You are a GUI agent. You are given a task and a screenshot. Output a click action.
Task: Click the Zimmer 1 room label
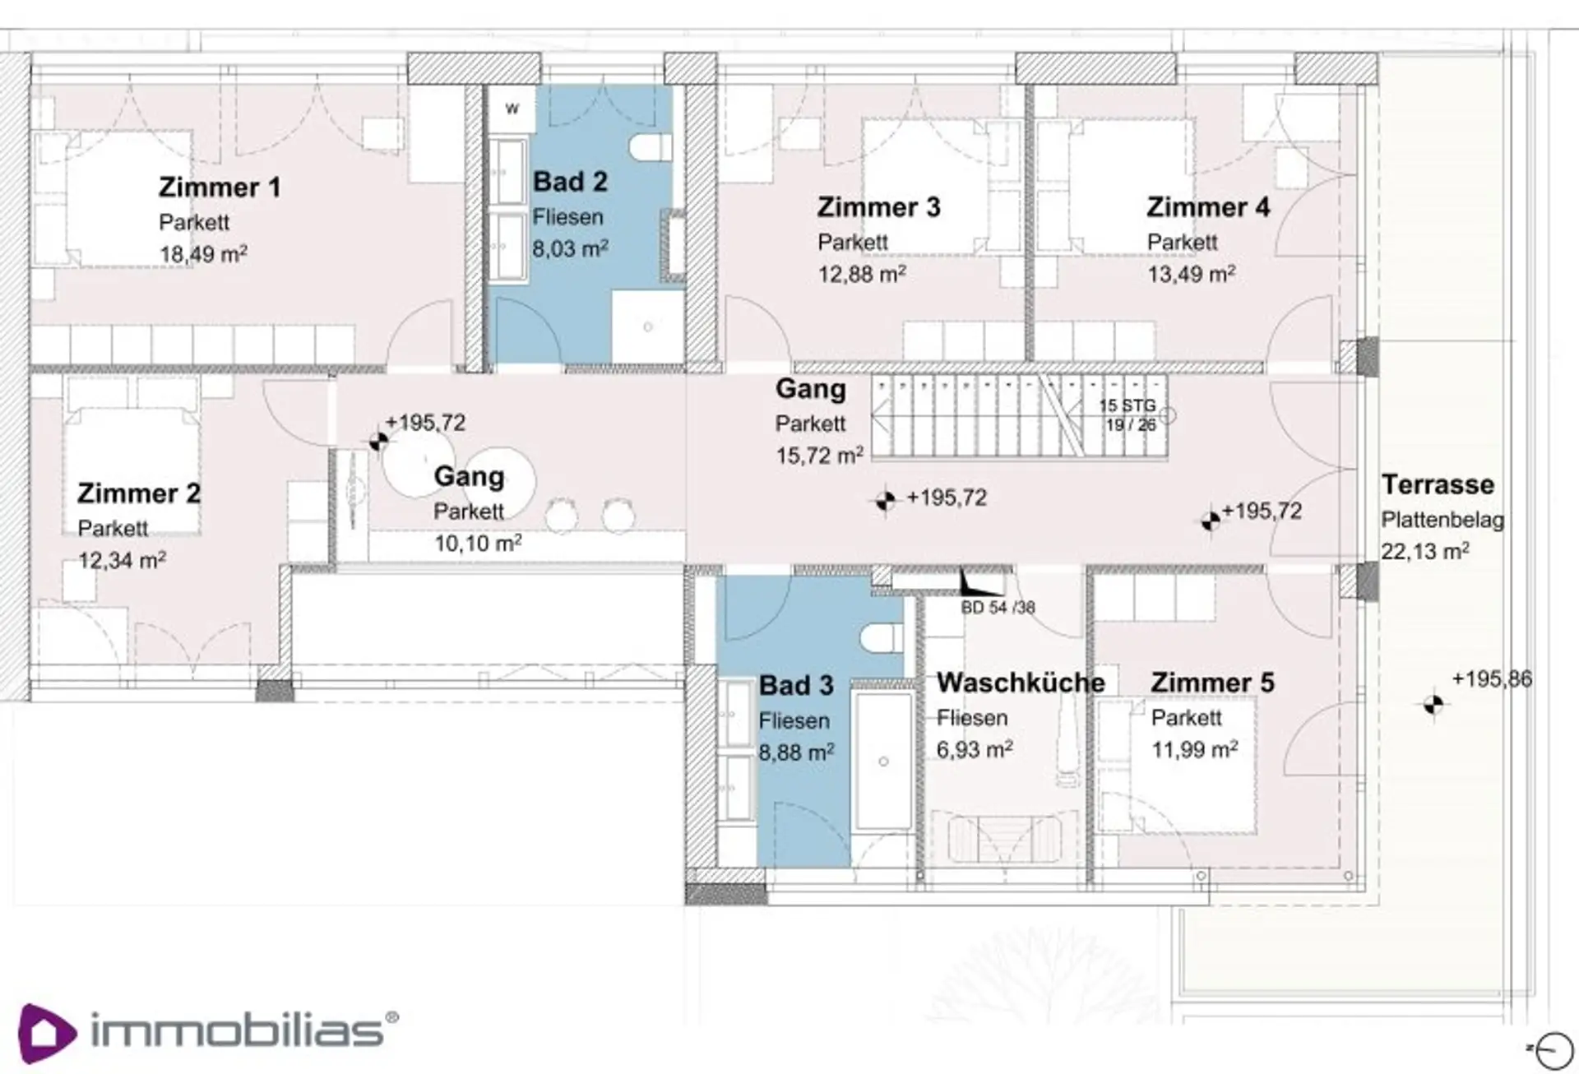(x=220, y=187)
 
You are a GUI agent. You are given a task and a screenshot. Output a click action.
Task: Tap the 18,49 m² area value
(x=203, y=253)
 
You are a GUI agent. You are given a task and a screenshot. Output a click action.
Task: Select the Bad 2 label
(x=570, y=182)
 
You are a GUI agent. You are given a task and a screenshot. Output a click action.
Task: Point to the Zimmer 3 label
(x=878, y=207)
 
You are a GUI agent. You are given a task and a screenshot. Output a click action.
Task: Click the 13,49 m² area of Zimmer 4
(x=1191, y=273)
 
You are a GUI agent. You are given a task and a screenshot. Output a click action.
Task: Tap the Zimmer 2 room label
(x=139, y=493)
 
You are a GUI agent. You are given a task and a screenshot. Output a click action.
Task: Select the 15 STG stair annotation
(x=1128, y=405)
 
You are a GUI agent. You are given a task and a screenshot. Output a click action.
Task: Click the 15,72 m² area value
(x=819, y=455)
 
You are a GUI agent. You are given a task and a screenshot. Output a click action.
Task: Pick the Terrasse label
(x=1438, y=484)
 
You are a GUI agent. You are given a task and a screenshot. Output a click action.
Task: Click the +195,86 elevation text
(x=1492, y=679)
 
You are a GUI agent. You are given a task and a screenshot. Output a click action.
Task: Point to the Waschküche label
(x=1021, y=683)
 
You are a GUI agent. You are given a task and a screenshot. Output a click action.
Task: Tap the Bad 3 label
(x=796, y=685)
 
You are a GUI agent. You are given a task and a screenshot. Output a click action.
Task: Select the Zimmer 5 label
(x=1212, y=683)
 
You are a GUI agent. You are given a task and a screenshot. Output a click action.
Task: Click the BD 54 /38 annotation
(x=998, y=608)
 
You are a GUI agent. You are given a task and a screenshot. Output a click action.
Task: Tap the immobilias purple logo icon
(x=47, y=1033)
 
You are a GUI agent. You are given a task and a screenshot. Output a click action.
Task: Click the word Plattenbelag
(x=1442, y=520)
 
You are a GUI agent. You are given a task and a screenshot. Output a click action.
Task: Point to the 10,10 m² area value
(x=478, y=543)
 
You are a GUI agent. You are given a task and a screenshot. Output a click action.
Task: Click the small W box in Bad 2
(x=512, y=108)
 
